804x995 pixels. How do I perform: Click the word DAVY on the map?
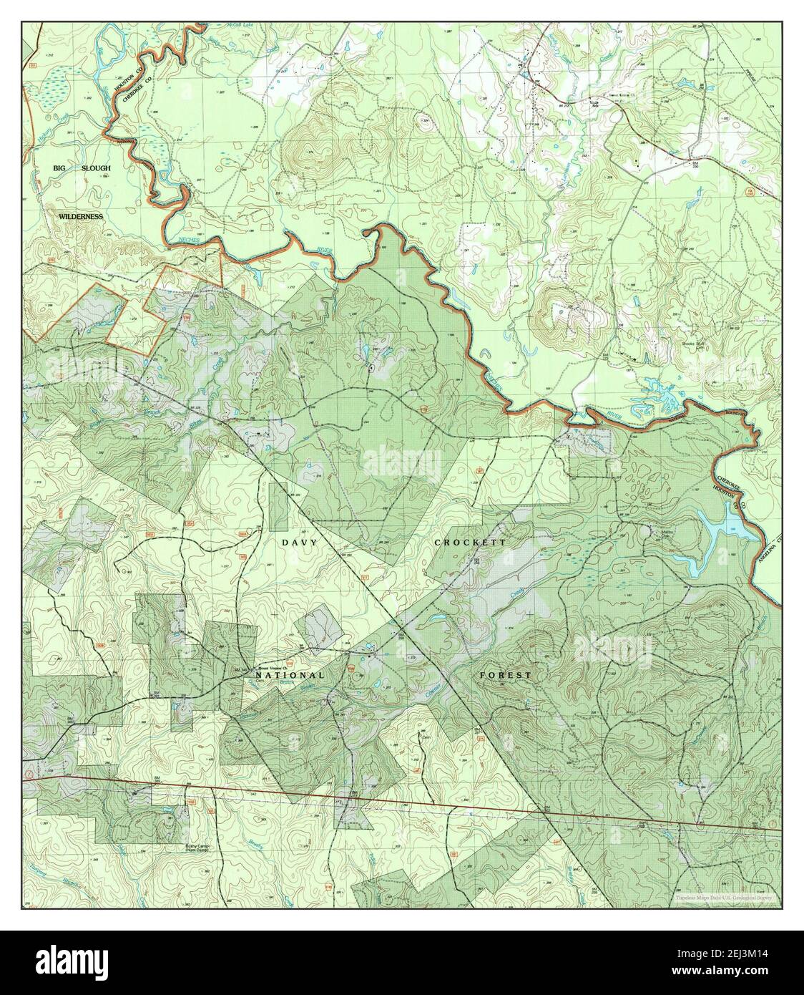[x=298, y=543]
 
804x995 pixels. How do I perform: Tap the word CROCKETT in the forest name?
[x=471, y=543]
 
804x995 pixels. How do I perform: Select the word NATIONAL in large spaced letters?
[x=290, y=675]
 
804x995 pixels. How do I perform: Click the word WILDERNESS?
[x=81, y=216]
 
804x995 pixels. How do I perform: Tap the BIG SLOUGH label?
[x=82, y=168]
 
